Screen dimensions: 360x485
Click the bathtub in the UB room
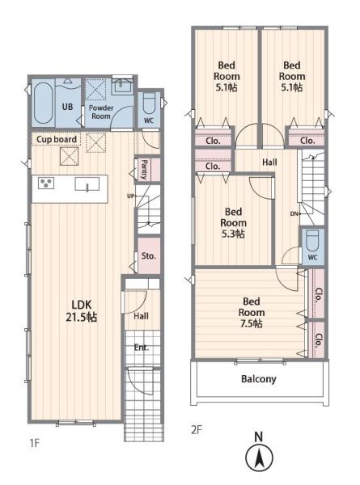43,103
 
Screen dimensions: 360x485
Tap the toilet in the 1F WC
149,103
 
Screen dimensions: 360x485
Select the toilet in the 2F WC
312,241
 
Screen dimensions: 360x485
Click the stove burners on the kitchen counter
46,183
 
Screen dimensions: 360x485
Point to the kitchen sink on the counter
87,184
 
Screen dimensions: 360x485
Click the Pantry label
144,169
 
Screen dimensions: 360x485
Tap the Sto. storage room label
149,255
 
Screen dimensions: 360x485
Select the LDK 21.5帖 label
82,311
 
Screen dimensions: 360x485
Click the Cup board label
57,140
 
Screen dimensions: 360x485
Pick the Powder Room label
101,112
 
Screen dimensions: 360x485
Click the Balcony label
258,379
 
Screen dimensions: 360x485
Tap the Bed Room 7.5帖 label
252,312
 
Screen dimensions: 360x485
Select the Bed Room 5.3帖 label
234,223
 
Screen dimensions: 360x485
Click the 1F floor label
34,443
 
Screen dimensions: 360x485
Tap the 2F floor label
197,430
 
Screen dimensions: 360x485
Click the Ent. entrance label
142,348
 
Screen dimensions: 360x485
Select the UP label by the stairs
130,196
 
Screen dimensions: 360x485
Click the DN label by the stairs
294,213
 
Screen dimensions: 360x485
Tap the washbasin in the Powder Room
123,86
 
